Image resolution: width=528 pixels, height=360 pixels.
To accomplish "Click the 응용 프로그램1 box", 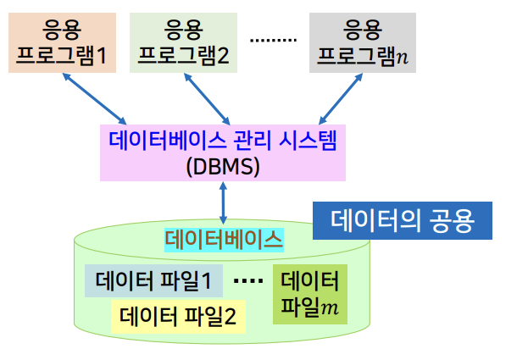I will point(62,43).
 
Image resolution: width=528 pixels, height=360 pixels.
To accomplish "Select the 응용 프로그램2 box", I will point(185,43).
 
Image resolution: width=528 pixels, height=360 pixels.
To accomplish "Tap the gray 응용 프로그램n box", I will point(362,43).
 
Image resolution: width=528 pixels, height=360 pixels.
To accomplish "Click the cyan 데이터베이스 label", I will point(224,240).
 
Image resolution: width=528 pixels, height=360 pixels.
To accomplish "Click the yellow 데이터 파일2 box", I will point(178,317).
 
